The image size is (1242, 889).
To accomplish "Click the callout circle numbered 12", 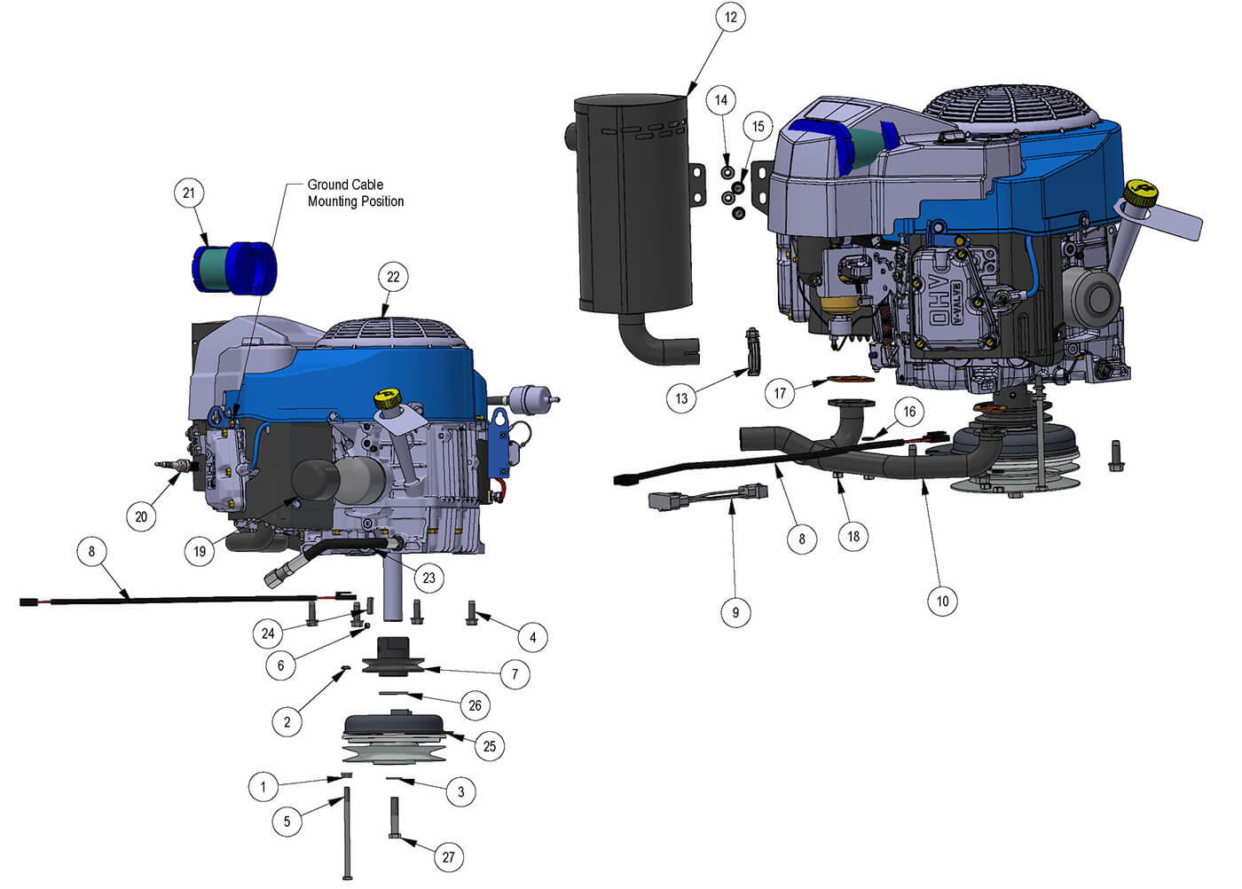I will (730, 17).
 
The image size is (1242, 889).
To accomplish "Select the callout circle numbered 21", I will (188, 193).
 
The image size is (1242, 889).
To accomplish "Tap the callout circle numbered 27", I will (448, 856).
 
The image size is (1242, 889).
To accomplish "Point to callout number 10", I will (942, 601).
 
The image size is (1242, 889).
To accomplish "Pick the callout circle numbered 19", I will (200, 551).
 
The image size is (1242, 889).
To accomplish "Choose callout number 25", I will (489, 746).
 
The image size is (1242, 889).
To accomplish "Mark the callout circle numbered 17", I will (780, 393).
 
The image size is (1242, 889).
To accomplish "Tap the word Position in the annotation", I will (379, 201).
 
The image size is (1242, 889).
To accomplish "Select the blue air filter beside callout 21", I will (235, 266).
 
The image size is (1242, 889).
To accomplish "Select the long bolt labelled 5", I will (347, 834).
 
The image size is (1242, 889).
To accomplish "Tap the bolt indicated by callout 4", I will (472, 611).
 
